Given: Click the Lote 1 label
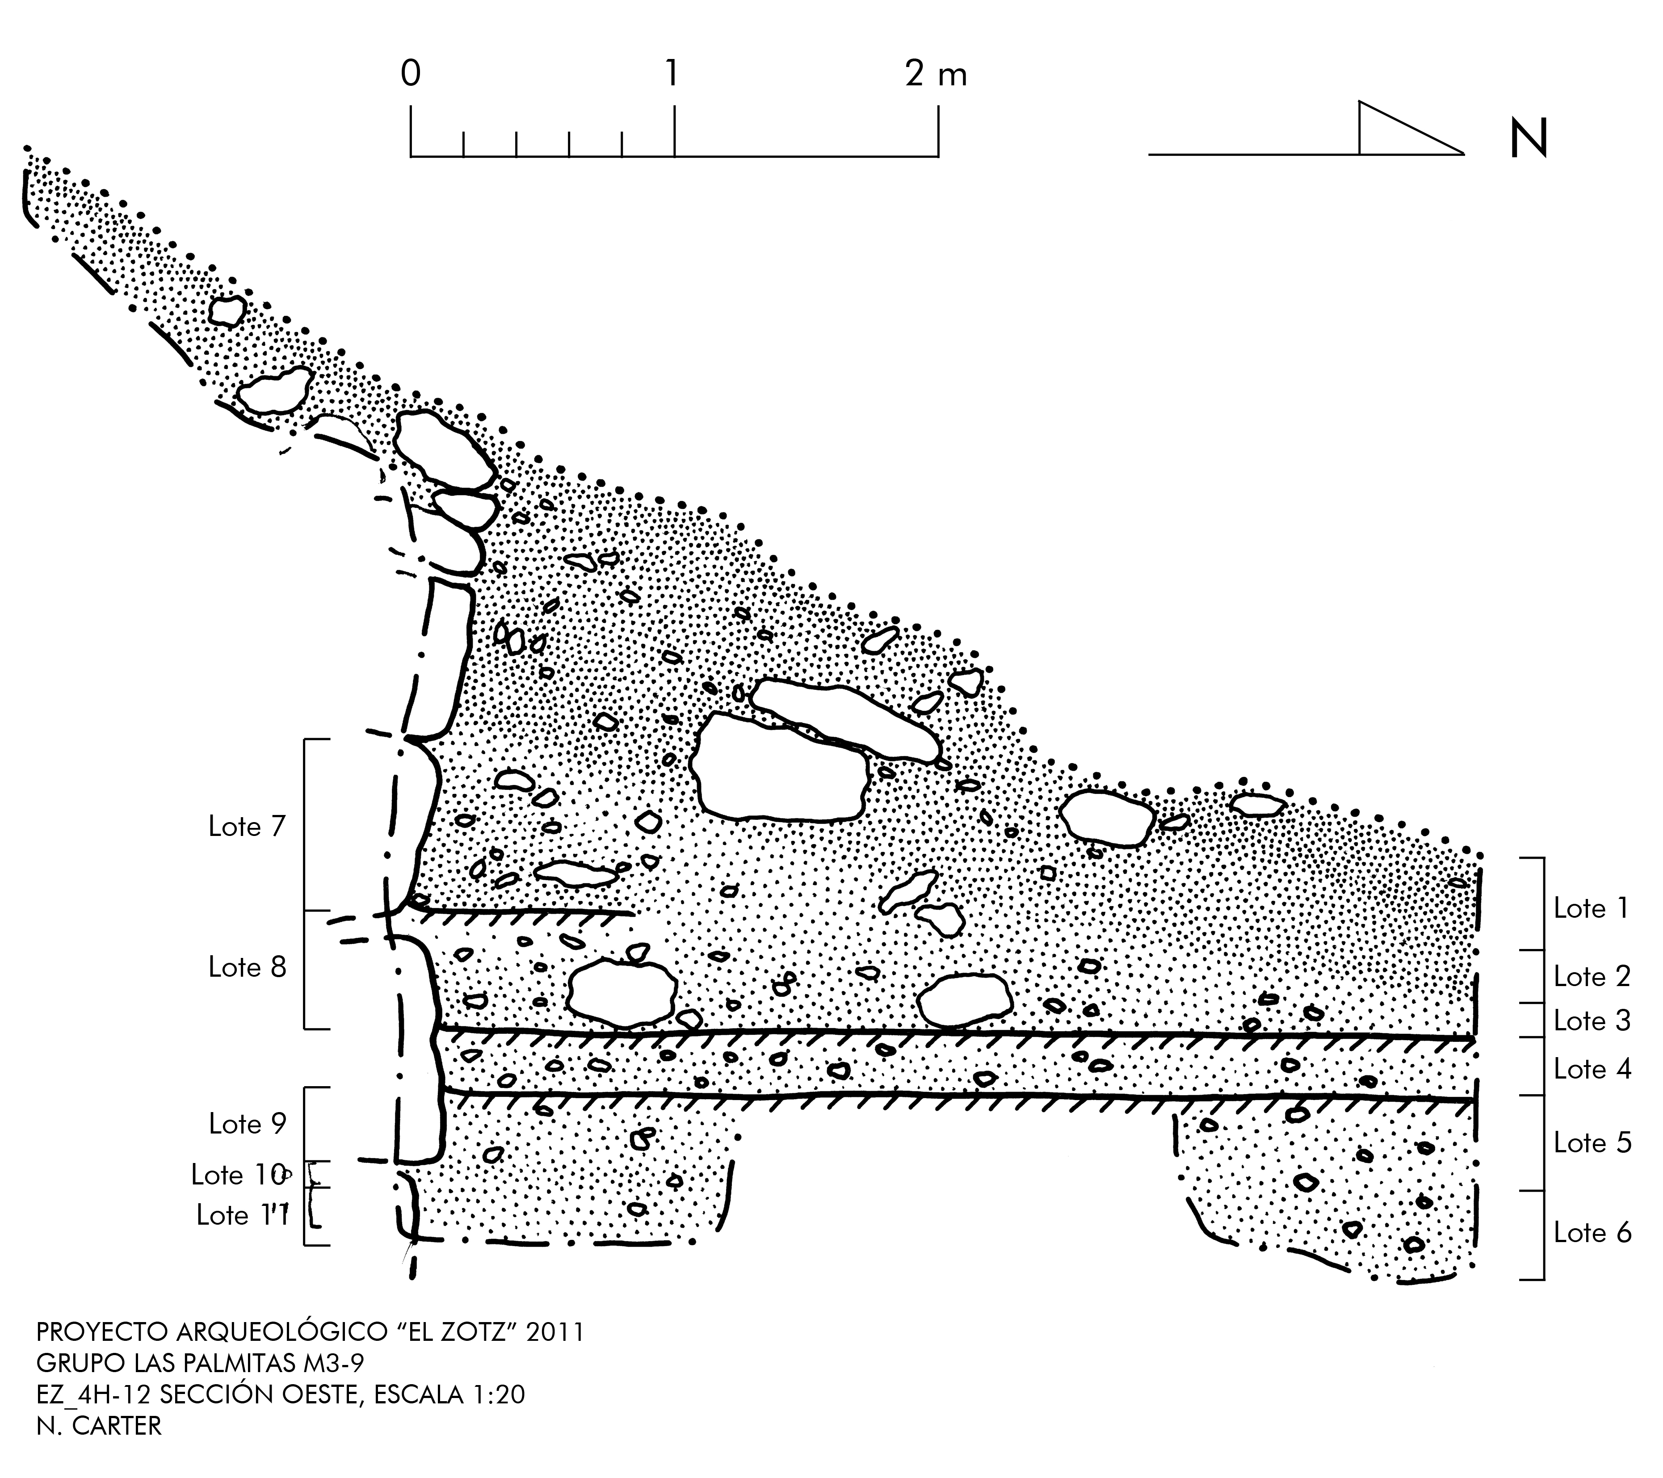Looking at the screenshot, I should pos(1592,909).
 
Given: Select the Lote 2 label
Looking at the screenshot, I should pos(1592,977).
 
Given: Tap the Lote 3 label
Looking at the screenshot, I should pos(1592,1021).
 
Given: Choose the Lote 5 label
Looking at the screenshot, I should pos(1592,1143).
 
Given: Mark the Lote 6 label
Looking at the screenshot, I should pos(1592,1233).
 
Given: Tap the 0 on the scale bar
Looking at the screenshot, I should pos(411,75).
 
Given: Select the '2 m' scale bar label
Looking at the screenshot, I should pos(936,75).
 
